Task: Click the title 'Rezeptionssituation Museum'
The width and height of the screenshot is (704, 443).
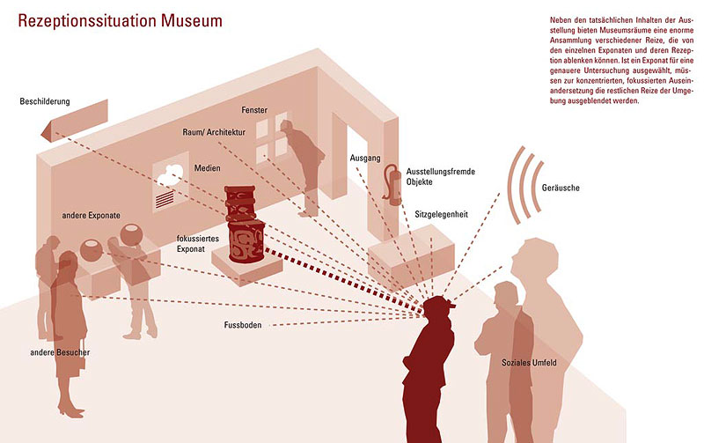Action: pos(120,19)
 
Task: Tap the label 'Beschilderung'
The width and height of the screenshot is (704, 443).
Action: pos(44,102)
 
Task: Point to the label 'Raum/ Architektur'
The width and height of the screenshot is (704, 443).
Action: pos(214,132)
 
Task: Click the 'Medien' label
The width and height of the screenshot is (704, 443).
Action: pos(208,168)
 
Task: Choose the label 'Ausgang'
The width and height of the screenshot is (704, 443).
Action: pos(364,159)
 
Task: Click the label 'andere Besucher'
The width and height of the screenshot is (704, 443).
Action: pos(59,352)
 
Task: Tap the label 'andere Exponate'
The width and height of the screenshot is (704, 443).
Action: pos(91,215)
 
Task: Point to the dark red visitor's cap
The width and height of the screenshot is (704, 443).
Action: pos(439,304)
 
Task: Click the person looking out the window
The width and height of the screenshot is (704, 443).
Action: pos(304,163)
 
